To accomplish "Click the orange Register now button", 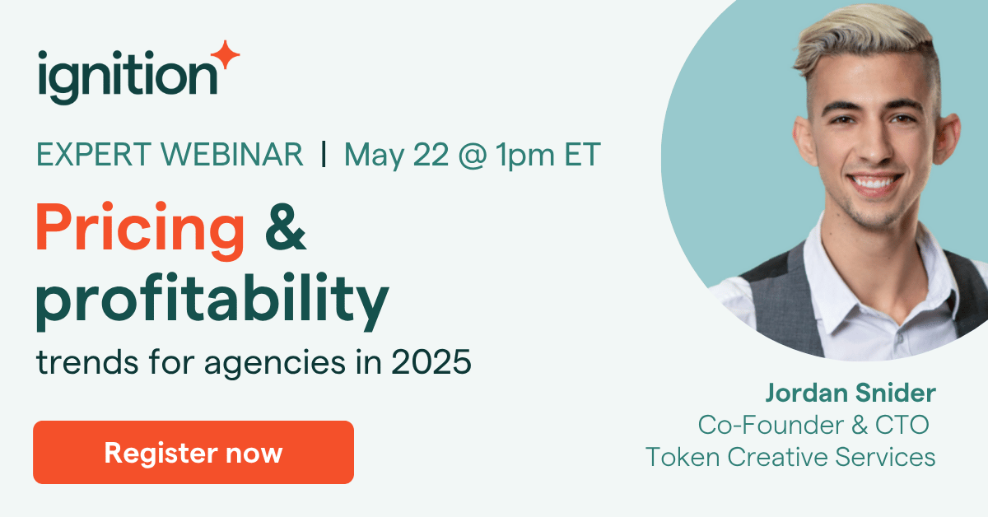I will (x=193, y=452).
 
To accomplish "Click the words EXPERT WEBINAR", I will (x=170, y=154).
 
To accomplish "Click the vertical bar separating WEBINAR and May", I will (x=324, y=154).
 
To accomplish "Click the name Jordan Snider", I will (x=850, y=394).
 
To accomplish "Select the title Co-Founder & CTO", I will (x=813, y=425).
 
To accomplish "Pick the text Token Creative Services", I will (x=790, y=456).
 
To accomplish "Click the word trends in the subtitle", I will (x=79, y=362).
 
